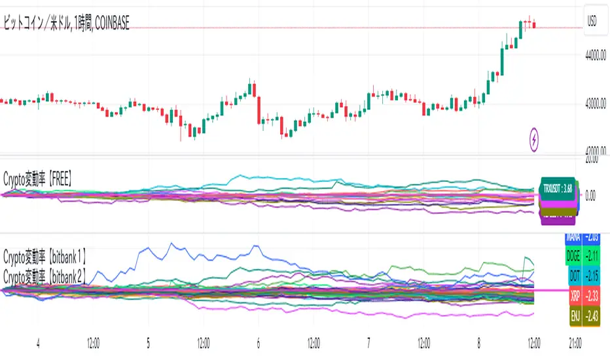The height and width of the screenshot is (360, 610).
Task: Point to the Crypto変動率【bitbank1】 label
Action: (45, 252)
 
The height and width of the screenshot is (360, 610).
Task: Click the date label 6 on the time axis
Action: (259, 342)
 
